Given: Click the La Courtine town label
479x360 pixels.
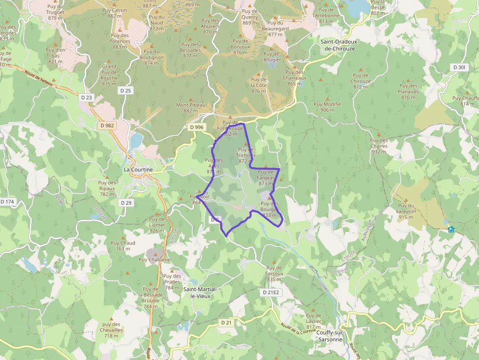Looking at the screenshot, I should click(x=138, y=169).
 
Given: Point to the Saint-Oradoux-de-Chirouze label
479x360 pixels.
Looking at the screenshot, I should click(x=340, y=45).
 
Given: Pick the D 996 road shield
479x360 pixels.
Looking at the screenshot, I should click(x=196, y=127).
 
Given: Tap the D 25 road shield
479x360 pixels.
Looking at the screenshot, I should click(x=126, y=90).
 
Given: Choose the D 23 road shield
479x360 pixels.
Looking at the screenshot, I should click(x=86, y=97).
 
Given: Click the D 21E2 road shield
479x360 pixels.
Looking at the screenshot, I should click(x=270, y=292).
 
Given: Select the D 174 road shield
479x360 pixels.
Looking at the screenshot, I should click(x=8, y=201).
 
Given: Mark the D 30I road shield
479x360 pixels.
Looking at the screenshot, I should click(x=459, y=67).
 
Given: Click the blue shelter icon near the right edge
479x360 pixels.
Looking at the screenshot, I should click(x=451, y=229).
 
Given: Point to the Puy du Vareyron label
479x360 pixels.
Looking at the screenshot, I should click(x=407, y=211).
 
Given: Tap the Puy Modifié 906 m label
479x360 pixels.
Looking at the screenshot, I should click(x=327, y=106).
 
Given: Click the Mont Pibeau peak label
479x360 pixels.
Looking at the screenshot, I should click(x=191, y=107).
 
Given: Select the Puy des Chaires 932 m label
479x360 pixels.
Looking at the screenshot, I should click(x=379, y=146).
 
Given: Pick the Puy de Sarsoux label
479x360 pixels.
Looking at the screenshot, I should click(x=274, y=273).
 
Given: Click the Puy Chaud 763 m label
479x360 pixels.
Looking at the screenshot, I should click(x=123, y=246).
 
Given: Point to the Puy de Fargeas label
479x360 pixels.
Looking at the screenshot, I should click(x=265, y=177).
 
